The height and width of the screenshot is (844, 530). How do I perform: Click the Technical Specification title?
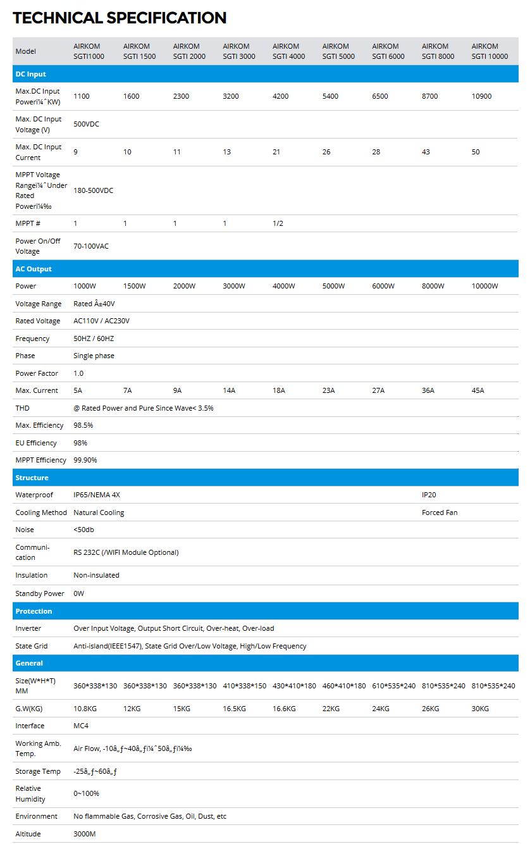pyautogui.click(x=120, y=18)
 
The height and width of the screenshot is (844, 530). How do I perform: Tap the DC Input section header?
pyautogui.click(x=30, y=74)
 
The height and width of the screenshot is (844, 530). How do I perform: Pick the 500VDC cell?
pyautogui.click(x=86, y=124)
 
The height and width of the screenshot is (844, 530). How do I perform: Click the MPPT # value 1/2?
pyautogui.click(x=278, y=223)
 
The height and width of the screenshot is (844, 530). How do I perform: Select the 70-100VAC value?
pyautogui.click(x=91, y=246)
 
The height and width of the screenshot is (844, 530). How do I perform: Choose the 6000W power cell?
pyautogui.click(x=383, y=286)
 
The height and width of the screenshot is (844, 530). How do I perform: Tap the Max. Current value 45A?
pyautogui.click(x=478, y=390)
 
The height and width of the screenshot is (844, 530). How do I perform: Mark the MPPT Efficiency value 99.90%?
pyautogui.click(x=85, y=460)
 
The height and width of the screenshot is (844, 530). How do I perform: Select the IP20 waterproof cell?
pyautogui.click(x=429, y=495)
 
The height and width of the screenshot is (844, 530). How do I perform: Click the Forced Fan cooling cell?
pyautogui.click(x=440, y=512)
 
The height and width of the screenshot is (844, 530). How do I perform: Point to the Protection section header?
pyautogui.click(x=34, y=611)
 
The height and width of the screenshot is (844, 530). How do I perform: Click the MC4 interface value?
pyautogui.click(x=80, y=726)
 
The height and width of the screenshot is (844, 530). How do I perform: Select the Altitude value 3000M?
pyautogui.click(x=85, y=834)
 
